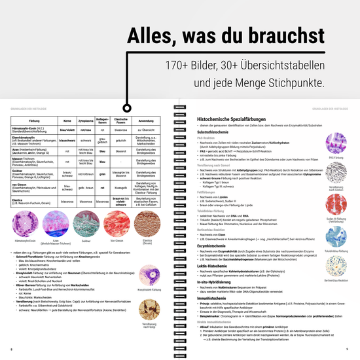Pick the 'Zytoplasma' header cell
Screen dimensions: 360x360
86,121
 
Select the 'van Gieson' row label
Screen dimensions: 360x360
21,185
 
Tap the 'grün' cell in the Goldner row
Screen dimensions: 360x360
102,175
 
